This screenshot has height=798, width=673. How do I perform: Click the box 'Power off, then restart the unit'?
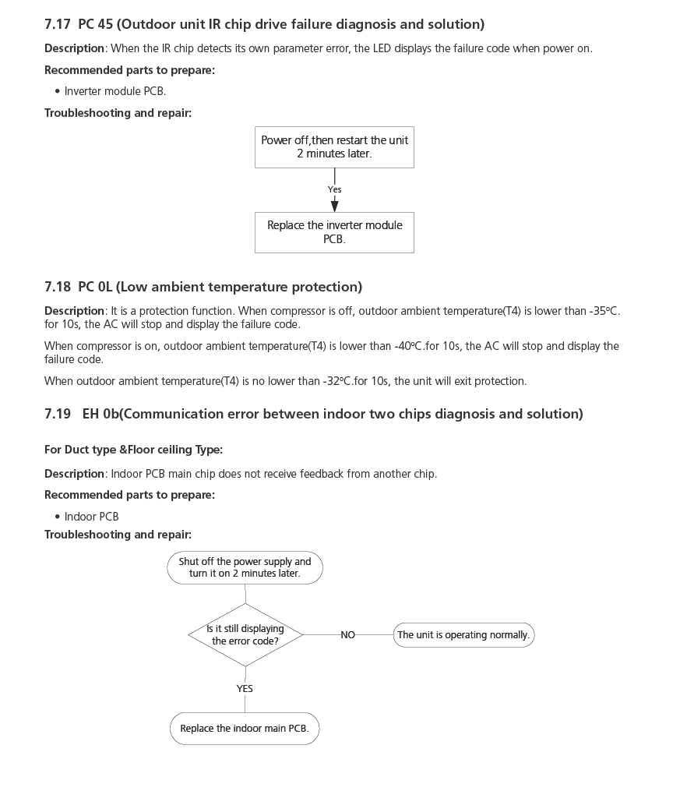click(x=334, y=147)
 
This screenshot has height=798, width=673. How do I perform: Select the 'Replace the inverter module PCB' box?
click(x=334, y=232)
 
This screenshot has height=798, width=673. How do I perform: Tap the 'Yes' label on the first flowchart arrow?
click(x=334, y=189)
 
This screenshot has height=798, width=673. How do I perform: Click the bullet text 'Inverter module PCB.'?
click(x=115, y=91)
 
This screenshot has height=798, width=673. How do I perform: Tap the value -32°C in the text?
click(x=336, y=381)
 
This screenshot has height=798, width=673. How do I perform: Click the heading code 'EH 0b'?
click(x=100, y=414)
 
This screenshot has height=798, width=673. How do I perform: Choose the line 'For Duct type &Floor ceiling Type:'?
click(x=133, y=450)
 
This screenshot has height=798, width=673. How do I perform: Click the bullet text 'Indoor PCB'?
click(x=92, y=517)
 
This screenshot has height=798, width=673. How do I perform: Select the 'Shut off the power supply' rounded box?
click(x=245, y=567)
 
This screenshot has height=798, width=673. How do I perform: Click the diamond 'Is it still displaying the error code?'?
click(x=245, y=634)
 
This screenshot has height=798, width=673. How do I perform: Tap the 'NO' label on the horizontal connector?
click(x=347, y=635)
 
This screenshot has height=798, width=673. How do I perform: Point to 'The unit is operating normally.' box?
click(x=463, y=635)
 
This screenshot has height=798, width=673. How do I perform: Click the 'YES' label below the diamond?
click(x=245, y=689)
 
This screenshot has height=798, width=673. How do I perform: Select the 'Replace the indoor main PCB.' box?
click(x=245, y=729)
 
